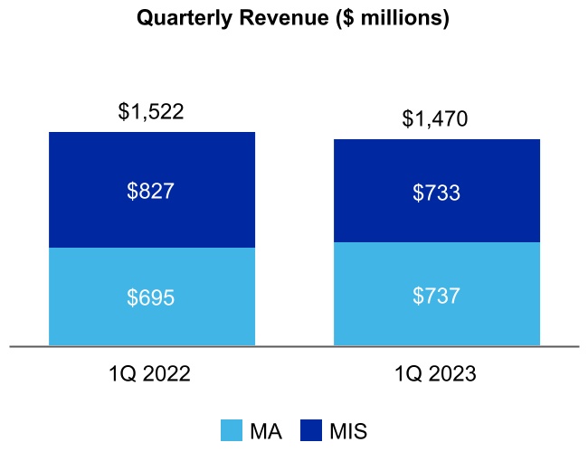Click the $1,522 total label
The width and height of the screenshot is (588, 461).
coord(151,112)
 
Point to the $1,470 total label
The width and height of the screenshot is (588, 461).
coord(437,119)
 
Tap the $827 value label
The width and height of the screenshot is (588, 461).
coord(151,191)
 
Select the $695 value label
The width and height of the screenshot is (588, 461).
coord(151,297)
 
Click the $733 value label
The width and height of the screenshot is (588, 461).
coord(437,192)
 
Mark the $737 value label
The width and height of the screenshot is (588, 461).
coord(437,295)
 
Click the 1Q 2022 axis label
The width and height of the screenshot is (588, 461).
coord(151,373)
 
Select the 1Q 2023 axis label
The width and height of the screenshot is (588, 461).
coord(437,373)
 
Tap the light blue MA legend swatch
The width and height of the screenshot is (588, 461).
coord(232,431)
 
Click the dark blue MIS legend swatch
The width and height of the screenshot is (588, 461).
coord(310,431)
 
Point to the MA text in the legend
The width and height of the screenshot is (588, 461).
coord(267,431)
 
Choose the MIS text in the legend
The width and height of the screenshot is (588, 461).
coord(347,431)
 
